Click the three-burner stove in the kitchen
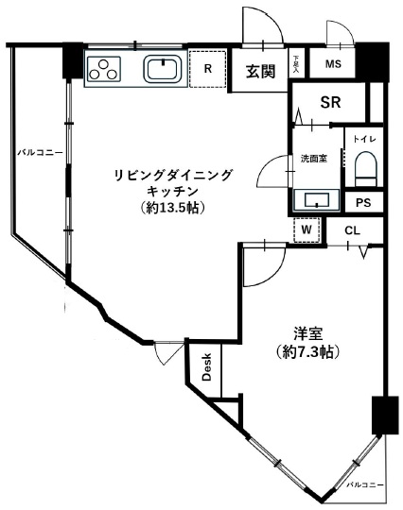(x=105, y=69)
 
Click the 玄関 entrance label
(x=260, y=71)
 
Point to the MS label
(x=332, y=64)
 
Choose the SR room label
(x=329, y=102)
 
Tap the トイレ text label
(x=364, y=141)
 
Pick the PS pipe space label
(x=363, y=203)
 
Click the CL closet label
(x=352, y=229)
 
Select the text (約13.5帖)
(x=171, y=207)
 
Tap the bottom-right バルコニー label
(x=365, y=483)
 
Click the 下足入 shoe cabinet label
(x=296, y=63)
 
